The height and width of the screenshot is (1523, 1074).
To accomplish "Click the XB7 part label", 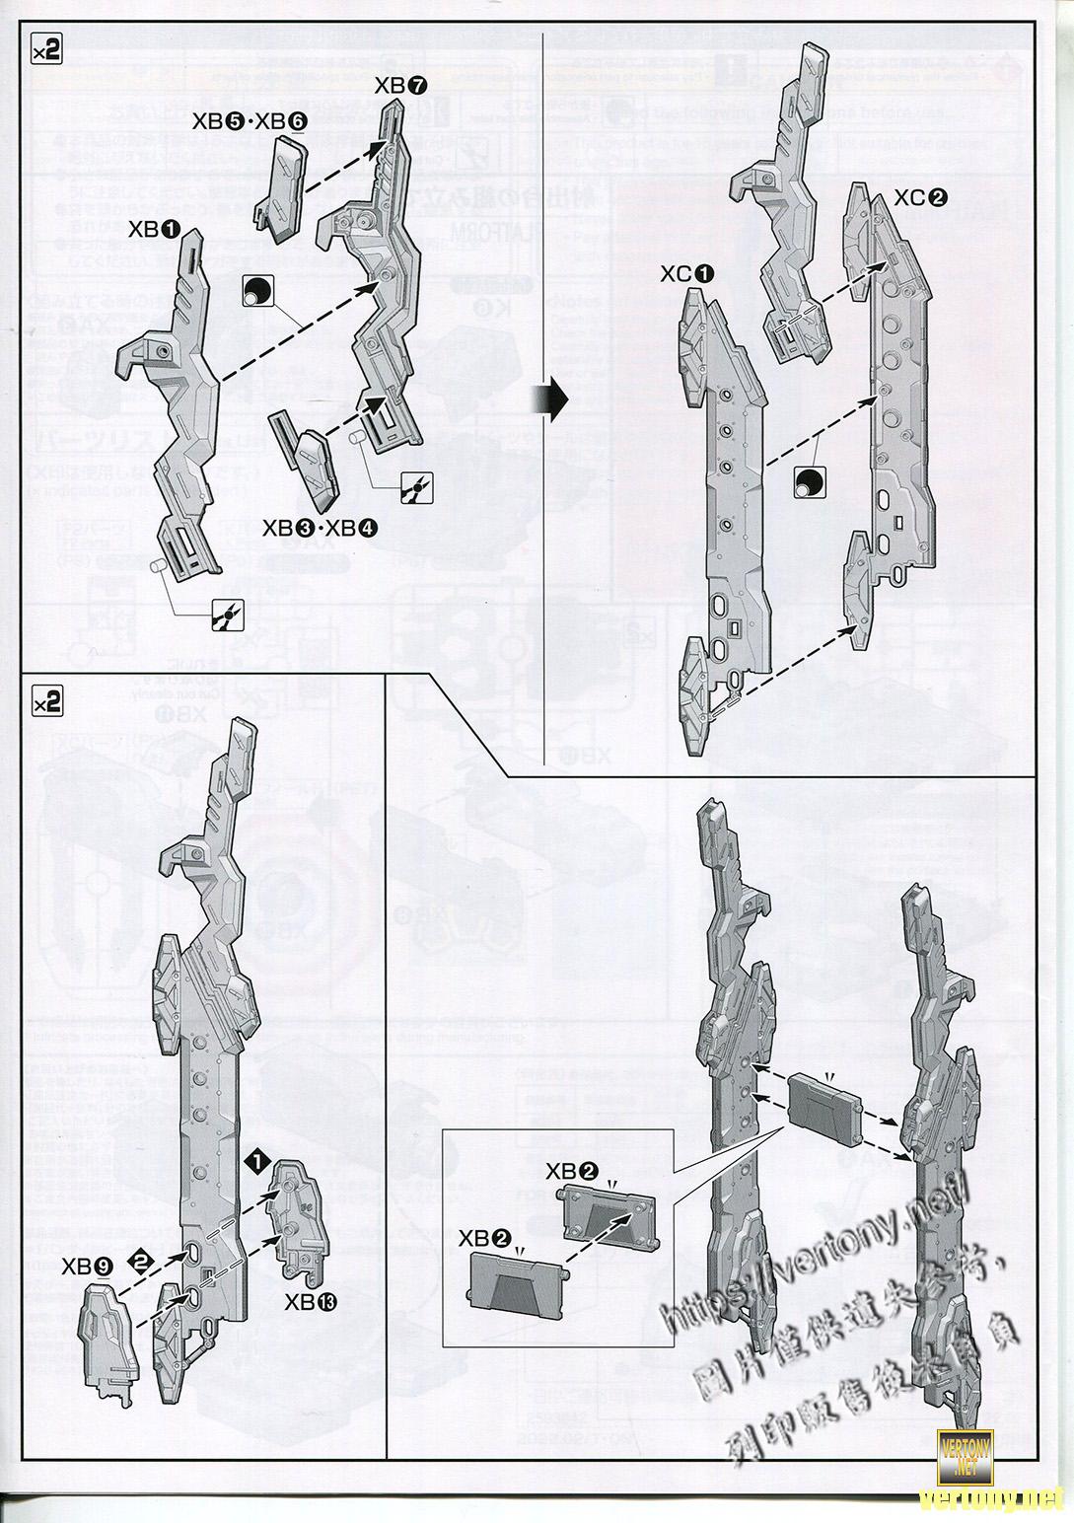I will (401, 86).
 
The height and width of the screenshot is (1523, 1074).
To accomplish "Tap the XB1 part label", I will (154, 229).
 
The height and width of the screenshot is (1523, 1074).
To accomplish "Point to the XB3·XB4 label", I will (320, 528).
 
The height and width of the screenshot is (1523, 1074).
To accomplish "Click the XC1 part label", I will (687, 274).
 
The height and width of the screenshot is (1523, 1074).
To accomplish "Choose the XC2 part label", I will (921, 197).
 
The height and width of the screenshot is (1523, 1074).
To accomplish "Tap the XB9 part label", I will (87, 1267).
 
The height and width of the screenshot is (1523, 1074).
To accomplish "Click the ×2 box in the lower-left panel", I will (46, 701).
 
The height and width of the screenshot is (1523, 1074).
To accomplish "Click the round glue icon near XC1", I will (807, 481).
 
